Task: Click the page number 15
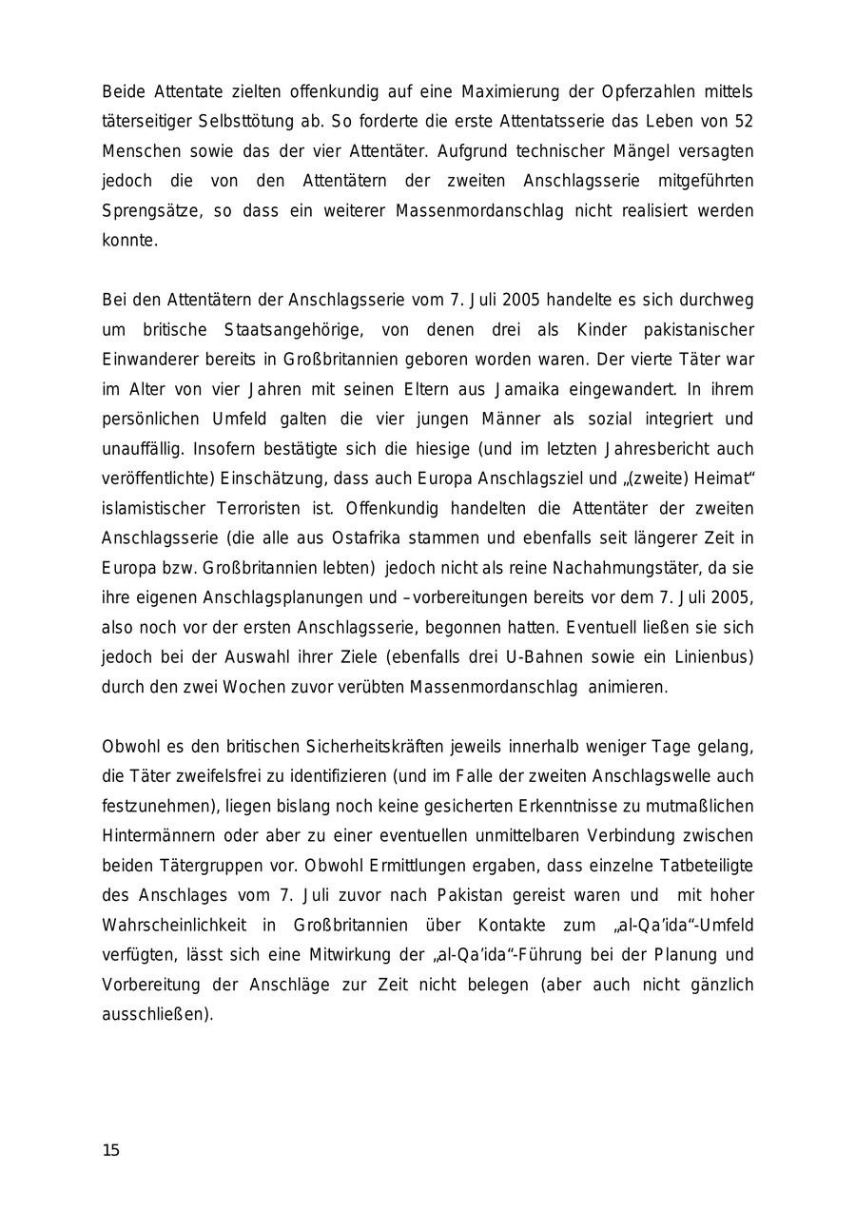pos(111,1151)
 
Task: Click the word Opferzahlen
pos(647,92)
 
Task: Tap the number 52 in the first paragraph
pos(744,122)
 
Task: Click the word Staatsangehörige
pos(291,330)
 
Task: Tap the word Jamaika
pos(530,389)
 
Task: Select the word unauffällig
pos(141,449)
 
